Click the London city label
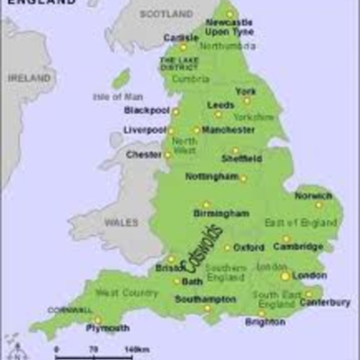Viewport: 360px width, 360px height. tap(310, 276)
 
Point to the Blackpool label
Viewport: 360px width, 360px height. tap(147, 111)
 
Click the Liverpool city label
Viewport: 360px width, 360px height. tap(145, 131)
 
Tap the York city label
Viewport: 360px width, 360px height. tap(247, 91)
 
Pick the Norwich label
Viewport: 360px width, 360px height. tap(313, 195)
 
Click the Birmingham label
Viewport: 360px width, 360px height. tap(220, 213)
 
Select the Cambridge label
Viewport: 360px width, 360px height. tap(299, 247)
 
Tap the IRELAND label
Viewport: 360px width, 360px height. tap(30, 79)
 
